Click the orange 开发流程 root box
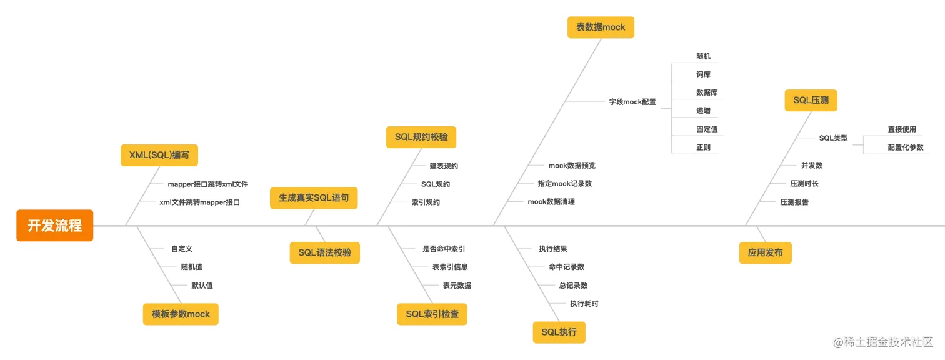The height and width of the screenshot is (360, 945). pyautogui.click(x=55, y=226)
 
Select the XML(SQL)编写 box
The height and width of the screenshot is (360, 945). pyautogui.click(x=159, y=155)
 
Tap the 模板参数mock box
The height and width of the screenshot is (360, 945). pyautogui.click(x=181, y=314)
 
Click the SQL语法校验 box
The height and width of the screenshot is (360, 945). pyautogui.click(x=324, y=252)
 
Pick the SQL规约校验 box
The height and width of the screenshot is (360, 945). pyautogui.click(x=421, y=136)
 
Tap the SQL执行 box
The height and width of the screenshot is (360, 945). pyautogui.click(x=559, y=332)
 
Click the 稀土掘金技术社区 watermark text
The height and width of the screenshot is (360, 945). pyautogui.click(x=887, y=341)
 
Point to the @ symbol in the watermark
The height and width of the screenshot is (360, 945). pyautogui.click(x=836, y=341)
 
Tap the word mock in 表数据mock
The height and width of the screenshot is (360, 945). pyautogui.click(x=614, y=27)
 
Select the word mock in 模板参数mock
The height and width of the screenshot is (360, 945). pyautogui.click(x=198, y=314)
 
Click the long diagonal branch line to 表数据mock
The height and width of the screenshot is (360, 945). pyautogui.click(x=550, y=125)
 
